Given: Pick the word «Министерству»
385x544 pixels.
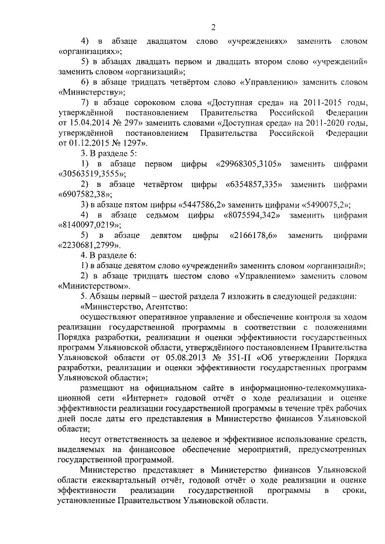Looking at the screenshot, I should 91,94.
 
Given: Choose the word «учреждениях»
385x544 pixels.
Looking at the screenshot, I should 257,41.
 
